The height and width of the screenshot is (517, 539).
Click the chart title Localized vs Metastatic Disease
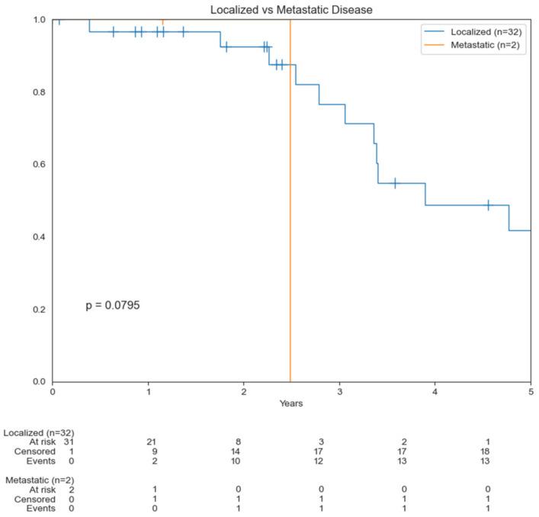click(291, 8)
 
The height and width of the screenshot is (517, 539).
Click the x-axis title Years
click(291, 403)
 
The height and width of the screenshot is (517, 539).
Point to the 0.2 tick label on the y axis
click(37, 310)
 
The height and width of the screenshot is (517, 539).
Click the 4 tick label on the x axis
click(435, 392)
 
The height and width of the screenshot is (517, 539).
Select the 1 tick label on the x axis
click(148, 392)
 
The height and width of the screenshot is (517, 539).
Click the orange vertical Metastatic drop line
click(290, 229)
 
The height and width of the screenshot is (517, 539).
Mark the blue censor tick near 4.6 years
click(488, 205)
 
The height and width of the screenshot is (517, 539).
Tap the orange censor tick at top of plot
click(162, 21)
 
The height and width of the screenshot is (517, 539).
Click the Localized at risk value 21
click(153, 441)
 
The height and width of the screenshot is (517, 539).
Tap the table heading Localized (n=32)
click(39, 432)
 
